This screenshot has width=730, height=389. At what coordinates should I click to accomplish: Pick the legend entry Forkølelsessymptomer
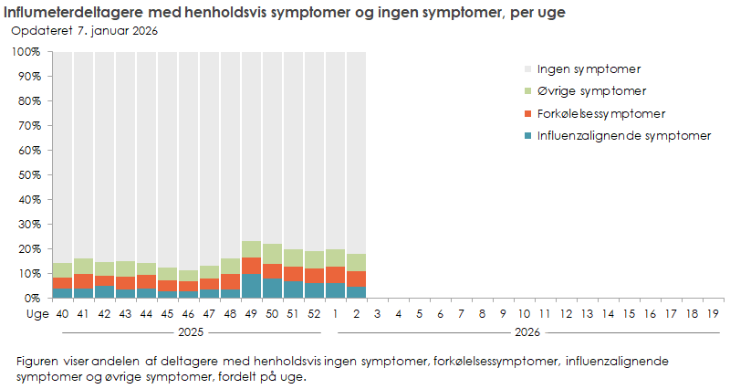600,114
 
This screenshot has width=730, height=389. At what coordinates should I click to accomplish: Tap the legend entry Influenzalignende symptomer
623,137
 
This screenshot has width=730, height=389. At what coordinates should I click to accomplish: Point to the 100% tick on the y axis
25,52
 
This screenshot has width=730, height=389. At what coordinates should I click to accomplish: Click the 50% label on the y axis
27,174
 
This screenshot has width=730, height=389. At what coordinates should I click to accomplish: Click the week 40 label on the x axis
62,314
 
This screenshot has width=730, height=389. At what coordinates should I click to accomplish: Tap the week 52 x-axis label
313,314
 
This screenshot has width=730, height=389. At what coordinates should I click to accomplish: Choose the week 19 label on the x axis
714,314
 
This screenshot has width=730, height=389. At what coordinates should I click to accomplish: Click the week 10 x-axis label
525,314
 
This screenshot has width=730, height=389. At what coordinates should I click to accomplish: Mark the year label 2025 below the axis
189,332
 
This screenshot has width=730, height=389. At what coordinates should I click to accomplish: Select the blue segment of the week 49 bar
251,286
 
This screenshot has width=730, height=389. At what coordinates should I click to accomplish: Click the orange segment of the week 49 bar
251,266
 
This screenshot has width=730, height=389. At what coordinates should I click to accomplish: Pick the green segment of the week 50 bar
272,254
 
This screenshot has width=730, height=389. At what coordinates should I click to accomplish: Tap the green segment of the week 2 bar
356,262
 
